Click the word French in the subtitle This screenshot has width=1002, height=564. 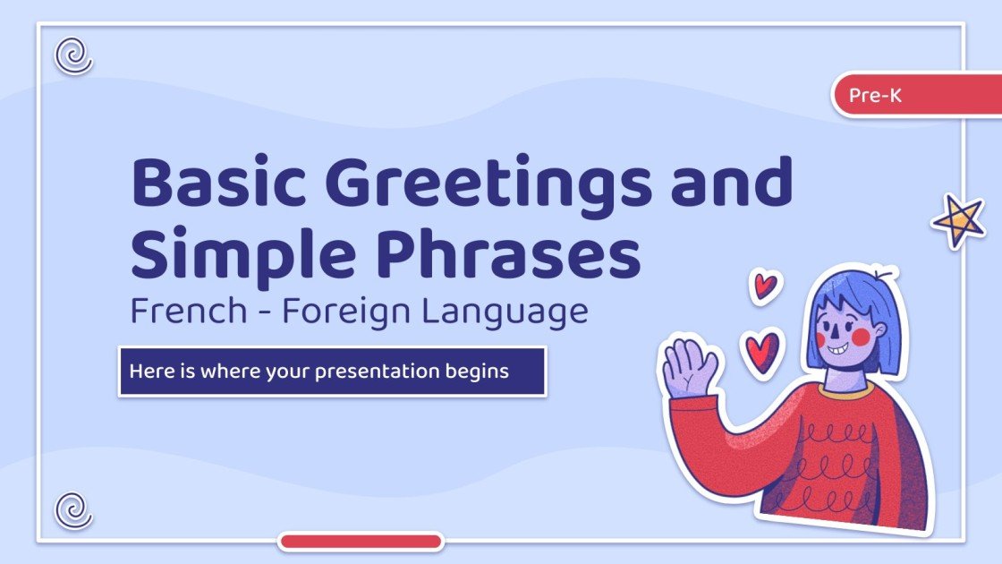click(186, 312)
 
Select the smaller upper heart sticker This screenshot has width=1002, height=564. click(764, 286)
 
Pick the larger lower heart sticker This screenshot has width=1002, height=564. click(762, 350)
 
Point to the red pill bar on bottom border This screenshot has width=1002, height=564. click(361, 541)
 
